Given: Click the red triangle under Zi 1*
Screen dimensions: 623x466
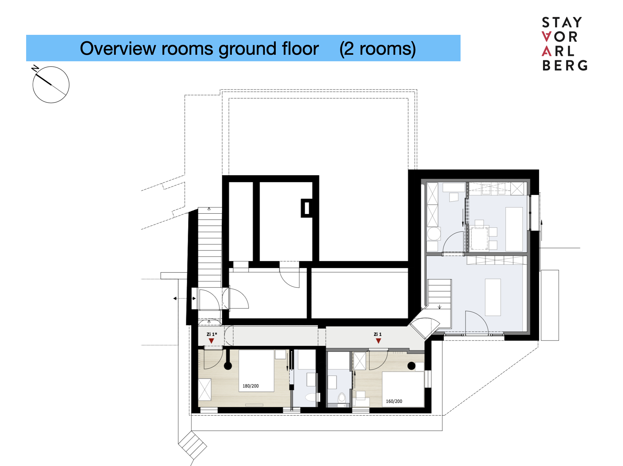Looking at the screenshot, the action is [x=211, y=341].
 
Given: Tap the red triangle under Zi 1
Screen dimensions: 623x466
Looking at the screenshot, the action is [x=378, y=341].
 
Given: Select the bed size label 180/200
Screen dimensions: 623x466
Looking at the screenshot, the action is [x=251, y=386].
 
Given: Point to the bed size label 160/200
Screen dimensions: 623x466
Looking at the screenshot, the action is [x=394, y=401].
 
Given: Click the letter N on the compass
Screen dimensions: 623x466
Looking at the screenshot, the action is [x=35, y=68].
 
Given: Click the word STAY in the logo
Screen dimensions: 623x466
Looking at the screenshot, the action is [x=562, y=23].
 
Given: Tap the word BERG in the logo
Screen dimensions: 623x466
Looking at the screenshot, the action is [x=565, y=65].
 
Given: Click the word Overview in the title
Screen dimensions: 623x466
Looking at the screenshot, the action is [x=118, y=49].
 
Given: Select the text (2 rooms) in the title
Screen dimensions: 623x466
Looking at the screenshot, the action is [x=377, y=49].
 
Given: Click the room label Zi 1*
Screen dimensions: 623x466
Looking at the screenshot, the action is [x=212, y=334].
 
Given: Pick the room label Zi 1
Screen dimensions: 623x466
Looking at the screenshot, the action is [x=377, y=334].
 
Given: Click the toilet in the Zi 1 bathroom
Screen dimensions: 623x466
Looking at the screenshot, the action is [x=342, y=398].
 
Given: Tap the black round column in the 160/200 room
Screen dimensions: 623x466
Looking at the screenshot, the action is [x=411, y=366].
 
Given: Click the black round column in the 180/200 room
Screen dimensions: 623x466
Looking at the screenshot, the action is [x=228, y=366].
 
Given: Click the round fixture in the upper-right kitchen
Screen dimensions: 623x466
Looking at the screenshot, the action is [x=433, y=234].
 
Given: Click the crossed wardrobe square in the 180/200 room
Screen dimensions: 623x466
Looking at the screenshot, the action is [x=205, y=389].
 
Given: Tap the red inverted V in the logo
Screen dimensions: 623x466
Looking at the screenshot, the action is [x=546, y=37].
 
